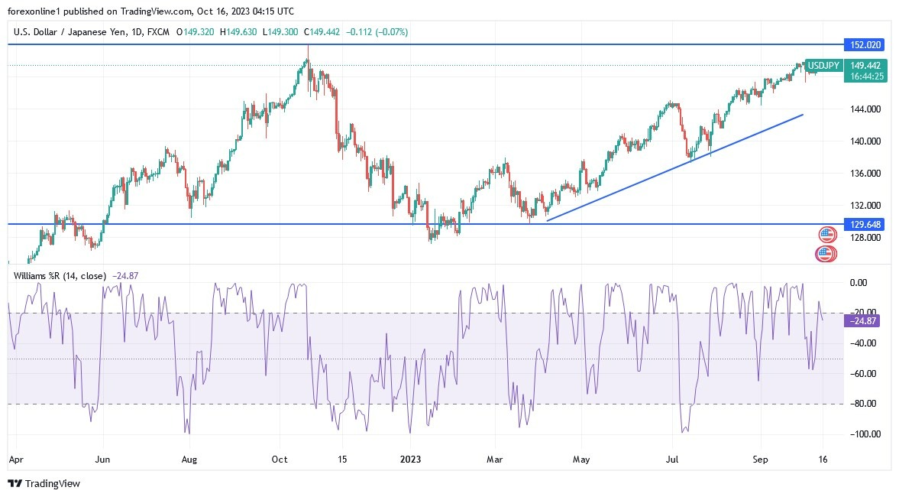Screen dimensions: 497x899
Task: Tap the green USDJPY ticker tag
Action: pyautogui.click(x=825, y=66)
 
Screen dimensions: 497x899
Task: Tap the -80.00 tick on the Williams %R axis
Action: pyautogui.click(x=863, y=404)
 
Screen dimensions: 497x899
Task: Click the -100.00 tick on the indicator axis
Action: pyautogui.click(x=863, y=434)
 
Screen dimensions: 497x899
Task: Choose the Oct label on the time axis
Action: pyautogui.click(x=280, y=460)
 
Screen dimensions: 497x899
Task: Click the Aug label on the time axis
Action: pyautogui.click(x=190, y=460)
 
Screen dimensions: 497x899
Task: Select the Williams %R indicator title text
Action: pyautogui.click(x=61, y=275)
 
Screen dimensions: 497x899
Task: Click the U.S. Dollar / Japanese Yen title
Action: pyautogui.click(x=65, y=32)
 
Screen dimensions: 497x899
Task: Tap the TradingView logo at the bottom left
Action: pyautogui.click(x=44, y=483)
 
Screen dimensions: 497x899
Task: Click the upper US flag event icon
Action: pyautogui.click(x=827, y=235)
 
